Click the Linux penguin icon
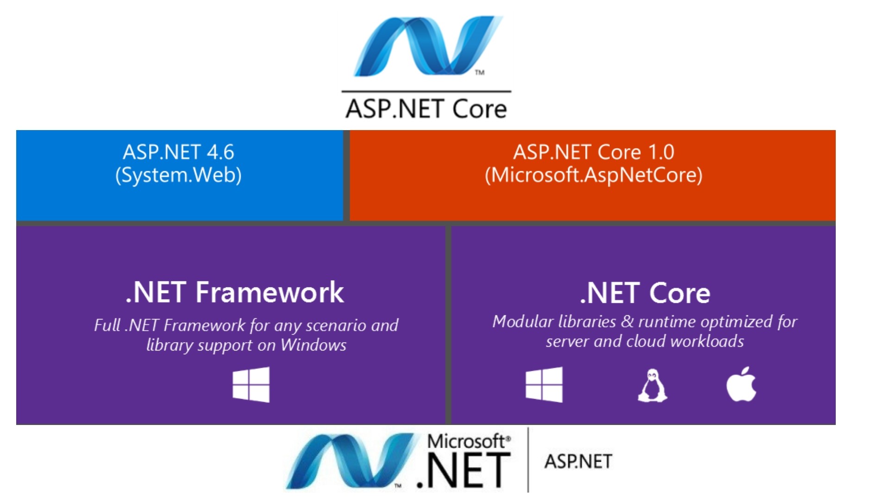coord(652,385)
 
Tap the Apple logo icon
coord(741,385)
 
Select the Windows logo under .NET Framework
coord(251,385)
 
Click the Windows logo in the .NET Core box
coord(544,385)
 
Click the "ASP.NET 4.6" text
coord(178,152)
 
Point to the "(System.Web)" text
coord(178,175)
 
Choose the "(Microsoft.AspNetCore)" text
coord(594,175)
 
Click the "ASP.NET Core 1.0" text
coord(594,152)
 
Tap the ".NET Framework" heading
coord(235,293)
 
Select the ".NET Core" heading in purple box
coord(645,293)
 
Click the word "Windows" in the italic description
coord(313,345)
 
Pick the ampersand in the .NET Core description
coord(627,322)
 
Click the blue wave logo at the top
coord(426,46)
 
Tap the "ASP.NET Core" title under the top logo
coord(426,109)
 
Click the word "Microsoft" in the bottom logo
coord(467,441)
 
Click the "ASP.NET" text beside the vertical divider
coord(578,462)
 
